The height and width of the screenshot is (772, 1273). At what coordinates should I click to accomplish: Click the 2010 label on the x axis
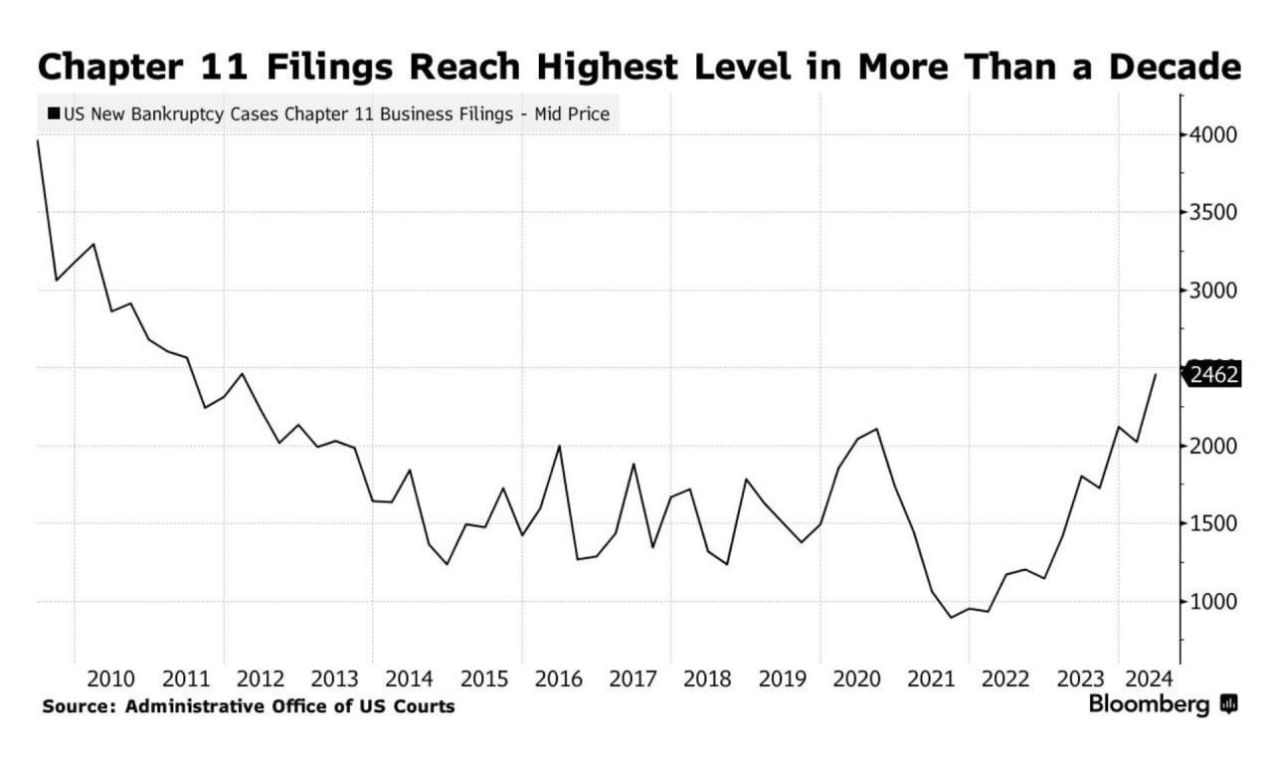click(110, 679)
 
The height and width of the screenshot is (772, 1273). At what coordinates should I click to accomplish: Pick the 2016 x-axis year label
click(558, 679)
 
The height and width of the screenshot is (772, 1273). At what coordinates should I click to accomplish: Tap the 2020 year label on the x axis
click(856, 679)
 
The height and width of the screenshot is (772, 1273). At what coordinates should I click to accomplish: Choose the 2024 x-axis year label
click(1149, 679)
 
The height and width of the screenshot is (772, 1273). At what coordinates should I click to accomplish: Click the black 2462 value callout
click(1212, 375)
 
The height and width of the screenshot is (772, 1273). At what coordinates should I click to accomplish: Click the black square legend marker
click(52, 114)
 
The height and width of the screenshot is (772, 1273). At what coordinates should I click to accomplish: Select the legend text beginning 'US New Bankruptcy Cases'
click(336, 114)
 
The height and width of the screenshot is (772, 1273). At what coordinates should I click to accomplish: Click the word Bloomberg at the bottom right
click(1149, 704)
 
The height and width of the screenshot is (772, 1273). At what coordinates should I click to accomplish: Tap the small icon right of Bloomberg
click(1229, 704)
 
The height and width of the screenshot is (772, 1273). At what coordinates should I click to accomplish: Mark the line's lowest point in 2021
click(951, 618)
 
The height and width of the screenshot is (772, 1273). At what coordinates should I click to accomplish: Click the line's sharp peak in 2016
click(559, 446)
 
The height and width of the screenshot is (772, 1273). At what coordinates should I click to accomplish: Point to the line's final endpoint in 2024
click(1156, 374)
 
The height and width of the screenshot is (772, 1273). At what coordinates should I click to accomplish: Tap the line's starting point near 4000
click(38, 140)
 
